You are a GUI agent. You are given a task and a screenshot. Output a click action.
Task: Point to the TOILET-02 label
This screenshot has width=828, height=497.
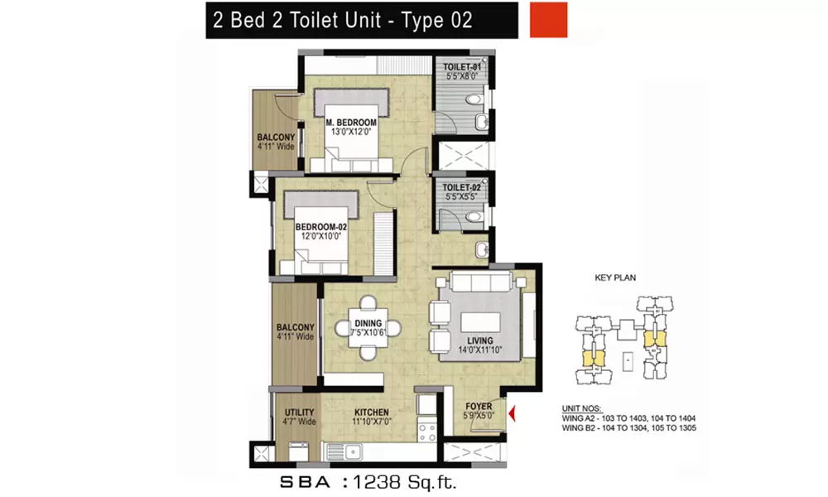[x=462, y=188]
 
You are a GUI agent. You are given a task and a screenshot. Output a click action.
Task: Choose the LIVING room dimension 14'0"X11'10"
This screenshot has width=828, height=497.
[x=479, y=351]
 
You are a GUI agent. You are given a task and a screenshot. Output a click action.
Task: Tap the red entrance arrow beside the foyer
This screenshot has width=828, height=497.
[x=513, y=411]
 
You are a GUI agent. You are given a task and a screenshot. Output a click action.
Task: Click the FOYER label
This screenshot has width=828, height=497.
[x=478, y=407]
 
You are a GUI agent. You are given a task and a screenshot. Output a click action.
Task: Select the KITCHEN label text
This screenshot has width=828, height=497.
[x=372, y=412]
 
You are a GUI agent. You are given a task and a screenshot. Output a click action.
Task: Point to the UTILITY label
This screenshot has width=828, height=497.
[x=298, y=412]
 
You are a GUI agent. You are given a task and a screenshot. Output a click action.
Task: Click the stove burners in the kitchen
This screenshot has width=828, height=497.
[x=426, y=432]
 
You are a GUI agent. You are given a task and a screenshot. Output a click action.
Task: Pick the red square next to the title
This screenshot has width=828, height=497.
[x=547, y=20]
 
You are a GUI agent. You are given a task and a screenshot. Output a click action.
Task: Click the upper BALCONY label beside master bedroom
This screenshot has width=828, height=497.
[x=273, y=137]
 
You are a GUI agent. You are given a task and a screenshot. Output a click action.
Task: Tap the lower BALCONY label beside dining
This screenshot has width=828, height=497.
[x=294, y=326]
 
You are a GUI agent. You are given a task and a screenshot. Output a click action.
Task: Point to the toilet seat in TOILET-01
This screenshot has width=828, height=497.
[x=472, y=99]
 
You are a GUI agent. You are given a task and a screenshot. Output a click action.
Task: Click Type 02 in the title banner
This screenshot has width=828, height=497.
[x=437, y=20]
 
